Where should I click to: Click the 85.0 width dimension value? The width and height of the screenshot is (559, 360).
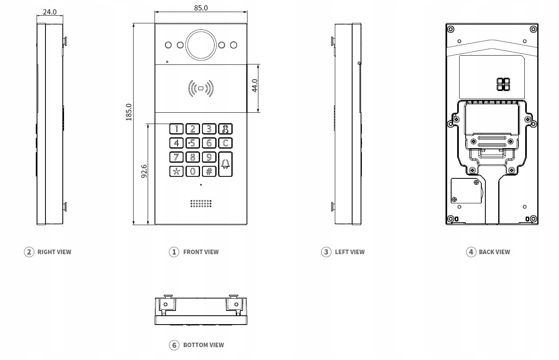tap(201, 8)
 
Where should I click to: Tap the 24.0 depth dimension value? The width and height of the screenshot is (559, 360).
tap(50, 12)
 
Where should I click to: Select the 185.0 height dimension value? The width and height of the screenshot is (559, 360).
tap(128, 112)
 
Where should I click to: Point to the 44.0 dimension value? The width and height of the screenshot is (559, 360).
tap(254, 86)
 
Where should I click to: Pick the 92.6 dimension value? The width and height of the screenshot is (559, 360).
tap(144, 171)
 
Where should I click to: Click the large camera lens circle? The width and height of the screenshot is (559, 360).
tap(201, 45)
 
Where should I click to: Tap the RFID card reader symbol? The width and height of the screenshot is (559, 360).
tap(201, 88)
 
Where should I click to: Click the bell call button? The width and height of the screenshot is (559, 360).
tap(225, 164)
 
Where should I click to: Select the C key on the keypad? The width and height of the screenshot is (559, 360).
tap(225, 143)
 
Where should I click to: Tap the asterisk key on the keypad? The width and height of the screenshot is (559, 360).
tap(176, 172)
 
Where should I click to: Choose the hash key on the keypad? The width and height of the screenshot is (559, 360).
tap(209, 172)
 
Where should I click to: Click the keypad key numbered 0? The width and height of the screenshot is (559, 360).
tap(193, 172)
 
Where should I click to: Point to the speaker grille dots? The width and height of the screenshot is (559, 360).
tap(201, 203)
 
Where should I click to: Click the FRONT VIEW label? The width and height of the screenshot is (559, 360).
tap(201, 252)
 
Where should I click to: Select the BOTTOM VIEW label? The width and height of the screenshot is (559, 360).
tap(204, 345)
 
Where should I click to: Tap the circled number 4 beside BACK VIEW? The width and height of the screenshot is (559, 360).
tap(471, 252)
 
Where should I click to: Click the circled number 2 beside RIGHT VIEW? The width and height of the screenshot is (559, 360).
tap(29, 252)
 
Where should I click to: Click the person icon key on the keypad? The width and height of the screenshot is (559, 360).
tap(225, 129)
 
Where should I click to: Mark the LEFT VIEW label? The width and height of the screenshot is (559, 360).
tap(350, 252)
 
